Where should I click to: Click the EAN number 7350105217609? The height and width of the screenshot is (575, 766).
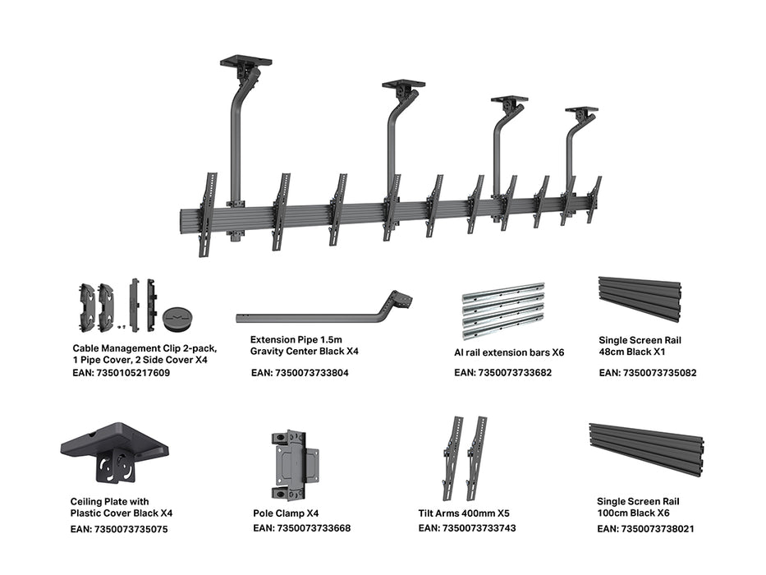click(x=122, y=373)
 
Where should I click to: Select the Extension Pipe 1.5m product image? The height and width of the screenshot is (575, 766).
click(x=323, y=312)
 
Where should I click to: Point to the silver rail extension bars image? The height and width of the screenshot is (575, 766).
click(x=503, y=311)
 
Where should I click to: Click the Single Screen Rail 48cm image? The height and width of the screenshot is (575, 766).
click(x=640, y=299)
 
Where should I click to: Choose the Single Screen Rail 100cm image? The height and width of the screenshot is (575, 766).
click(x=646, y=449)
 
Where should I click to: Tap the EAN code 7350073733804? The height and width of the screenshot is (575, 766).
click(x=300, y=373)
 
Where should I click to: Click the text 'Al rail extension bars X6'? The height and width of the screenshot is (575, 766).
click(x=509, y=352)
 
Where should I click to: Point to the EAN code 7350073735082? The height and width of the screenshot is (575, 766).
click(x=648, y=373)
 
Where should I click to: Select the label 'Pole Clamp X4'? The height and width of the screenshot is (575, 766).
click(x=287, y=513)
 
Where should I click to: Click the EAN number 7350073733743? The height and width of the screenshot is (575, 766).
click(x=467, y=528)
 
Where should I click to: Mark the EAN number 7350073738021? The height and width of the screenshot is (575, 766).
click(x=645, y=529)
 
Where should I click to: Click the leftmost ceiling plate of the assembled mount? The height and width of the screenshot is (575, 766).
click(x=245, y=62)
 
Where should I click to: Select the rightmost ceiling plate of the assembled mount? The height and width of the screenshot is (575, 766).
click(x=581, y=109)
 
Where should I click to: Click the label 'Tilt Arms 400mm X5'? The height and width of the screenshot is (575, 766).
click(x=464, y=513)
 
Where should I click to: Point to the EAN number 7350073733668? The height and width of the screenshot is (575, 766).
click(x=301, y=528)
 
